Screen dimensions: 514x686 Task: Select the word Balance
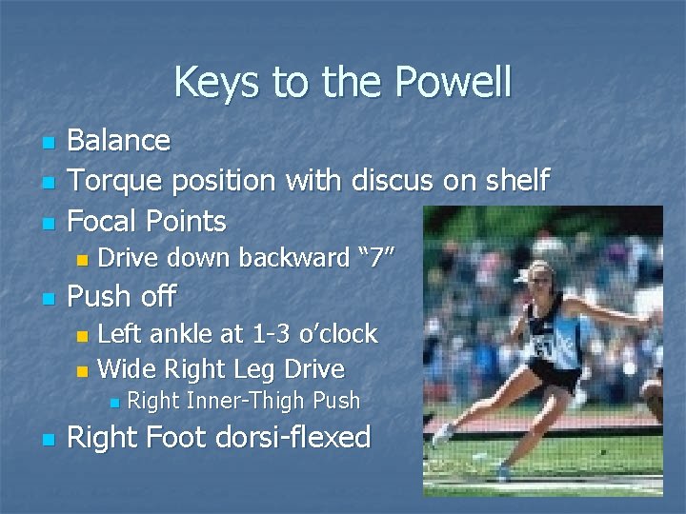point(119,141)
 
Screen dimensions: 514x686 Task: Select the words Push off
point(121,297)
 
